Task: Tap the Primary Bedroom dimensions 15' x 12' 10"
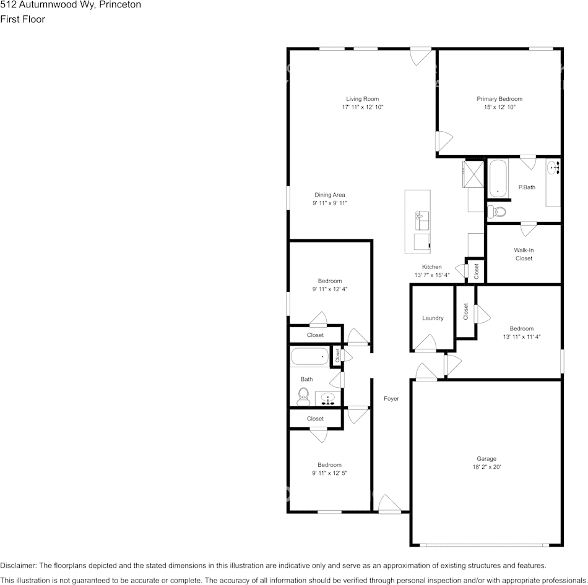coord(499,108)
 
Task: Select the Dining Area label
coord(329,195)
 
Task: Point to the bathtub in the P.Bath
coord(497,178)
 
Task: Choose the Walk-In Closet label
coord(524,254)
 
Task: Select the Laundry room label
coord(433,318)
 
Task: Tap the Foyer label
coord(391,399)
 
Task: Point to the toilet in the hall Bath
coord(303,395)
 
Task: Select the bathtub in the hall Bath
coord(309,356)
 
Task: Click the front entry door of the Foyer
coord(390,505)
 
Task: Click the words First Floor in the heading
coord(22,19)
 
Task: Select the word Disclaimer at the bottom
coord(18,565)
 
